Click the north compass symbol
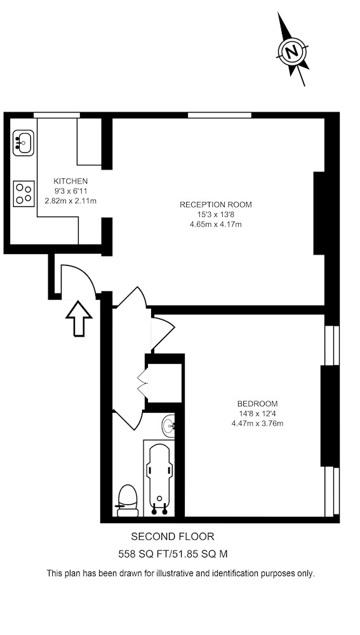[x=292, y=51]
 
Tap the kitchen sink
[x=23, y=143]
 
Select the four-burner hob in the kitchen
[x=24, y=193]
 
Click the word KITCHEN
[x=70, y=181]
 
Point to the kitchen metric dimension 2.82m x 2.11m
[x=70, y=201]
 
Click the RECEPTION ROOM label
[x=215, y=204]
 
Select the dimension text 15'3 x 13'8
[x=215, y=215]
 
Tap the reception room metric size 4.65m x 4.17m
[x=215, y=224]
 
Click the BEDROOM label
[x=257, y=404]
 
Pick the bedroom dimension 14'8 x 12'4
[x=257, y=414]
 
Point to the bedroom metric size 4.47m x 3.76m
[x=257, y=424]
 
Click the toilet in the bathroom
[x=128, y=500]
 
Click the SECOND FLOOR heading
[x=173, y=537]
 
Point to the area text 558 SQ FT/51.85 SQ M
[x=173, y=554]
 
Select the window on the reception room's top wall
[x=220, y=115]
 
